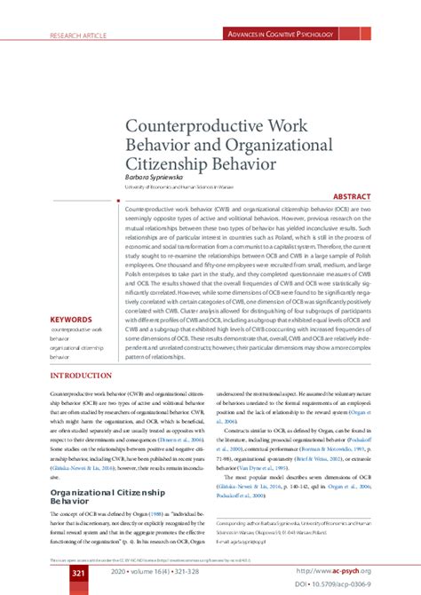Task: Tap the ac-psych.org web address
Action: coord(338,571)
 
